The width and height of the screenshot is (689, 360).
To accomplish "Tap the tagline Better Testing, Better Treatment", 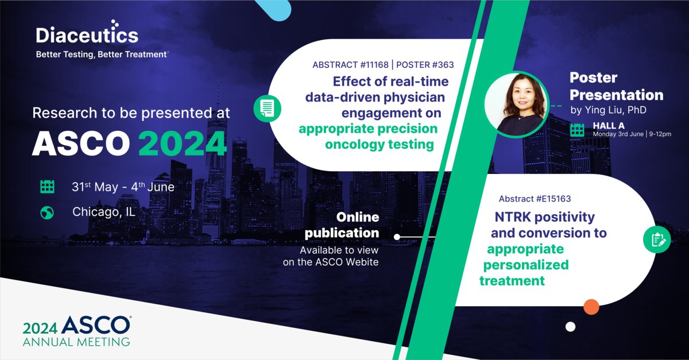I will click(102, 55).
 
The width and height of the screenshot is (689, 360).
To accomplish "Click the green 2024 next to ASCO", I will click(183, 144).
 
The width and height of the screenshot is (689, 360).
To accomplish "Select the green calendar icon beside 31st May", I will click(47, 187).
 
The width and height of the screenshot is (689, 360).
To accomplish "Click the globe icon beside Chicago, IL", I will click(47, 212).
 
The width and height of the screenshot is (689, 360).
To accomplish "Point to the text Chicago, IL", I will click(103, 212).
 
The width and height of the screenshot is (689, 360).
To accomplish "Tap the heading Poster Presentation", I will click(616, 86).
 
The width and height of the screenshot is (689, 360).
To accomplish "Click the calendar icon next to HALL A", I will click(577, 130).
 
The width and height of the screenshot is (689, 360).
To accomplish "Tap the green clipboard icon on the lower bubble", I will click(657, 239).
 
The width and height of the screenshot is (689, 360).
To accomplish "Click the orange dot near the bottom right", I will click(591, 307).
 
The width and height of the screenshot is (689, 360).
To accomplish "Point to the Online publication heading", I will click(342, 225).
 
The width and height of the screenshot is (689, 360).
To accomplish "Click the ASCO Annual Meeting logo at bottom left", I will click(76, 332).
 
